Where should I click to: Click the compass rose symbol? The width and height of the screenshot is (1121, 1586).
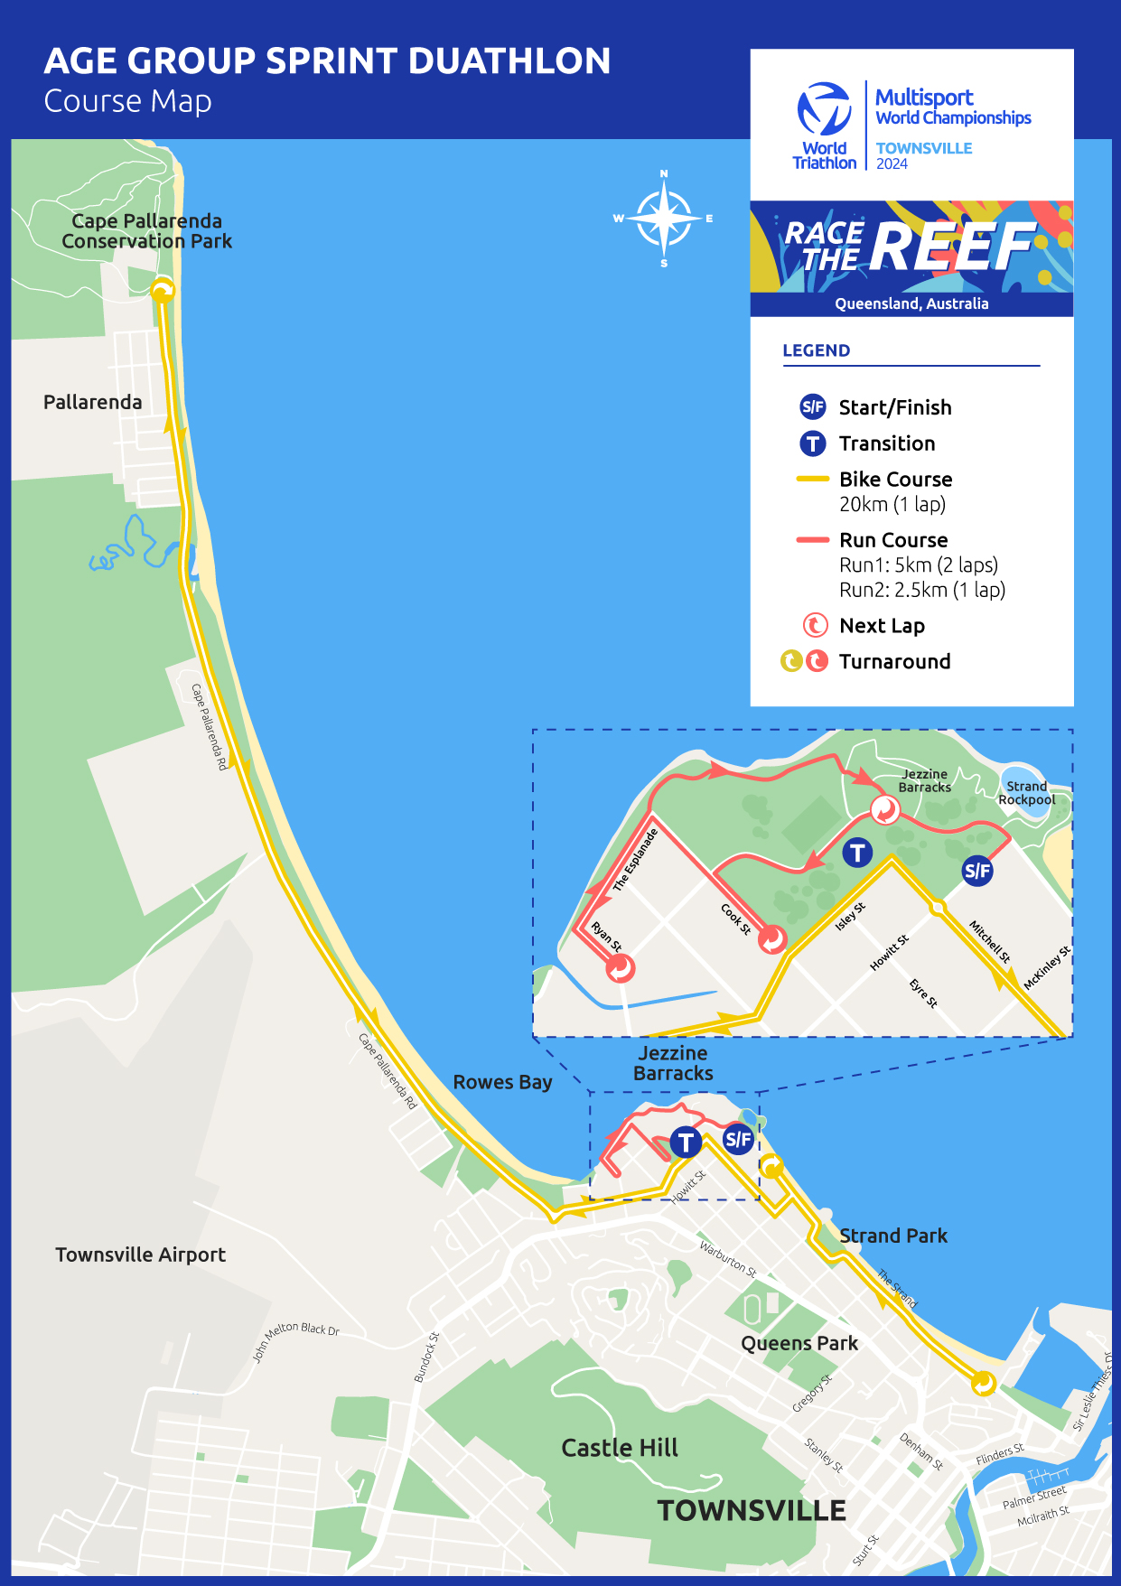pos(664,218)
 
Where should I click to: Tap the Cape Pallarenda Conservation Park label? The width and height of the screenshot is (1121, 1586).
pos(146,231)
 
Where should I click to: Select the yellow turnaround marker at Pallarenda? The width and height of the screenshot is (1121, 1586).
pos(163,291)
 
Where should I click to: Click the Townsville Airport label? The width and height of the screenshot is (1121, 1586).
pos(140,1255)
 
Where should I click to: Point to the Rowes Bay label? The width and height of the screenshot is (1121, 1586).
pos(502,1082)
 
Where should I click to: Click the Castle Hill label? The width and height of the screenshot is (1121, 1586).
pos(619,1448)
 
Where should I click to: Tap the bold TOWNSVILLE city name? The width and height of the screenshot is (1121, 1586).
pos(751,1510)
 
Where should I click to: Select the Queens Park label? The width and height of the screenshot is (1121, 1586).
pos(799,1343)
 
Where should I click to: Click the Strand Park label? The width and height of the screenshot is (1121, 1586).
pos(892,1236)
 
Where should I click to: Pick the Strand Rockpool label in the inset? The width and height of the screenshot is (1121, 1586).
pos(1026,793)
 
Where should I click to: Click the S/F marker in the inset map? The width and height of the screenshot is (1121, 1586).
pos(977,871)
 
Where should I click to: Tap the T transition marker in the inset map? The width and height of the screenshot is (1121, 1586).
pos(857,852)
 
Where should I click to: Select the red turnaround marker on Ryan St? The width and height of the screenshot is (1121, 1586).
pos(621,968)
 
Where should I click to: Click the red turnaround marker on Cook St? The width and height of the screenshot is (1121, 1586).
pos(772,939)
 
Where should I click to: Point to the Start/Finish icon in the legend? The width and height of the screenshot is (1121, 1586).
pos(813,406)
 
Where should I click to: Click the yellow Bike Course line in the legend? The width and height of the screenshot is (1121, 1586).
pos(812,479)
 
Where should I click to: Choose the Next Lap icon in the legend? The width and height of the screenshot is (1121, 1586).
pos(815,625)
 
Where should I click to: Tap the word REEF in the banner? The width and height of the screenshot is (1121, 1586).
pos(953,247)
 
